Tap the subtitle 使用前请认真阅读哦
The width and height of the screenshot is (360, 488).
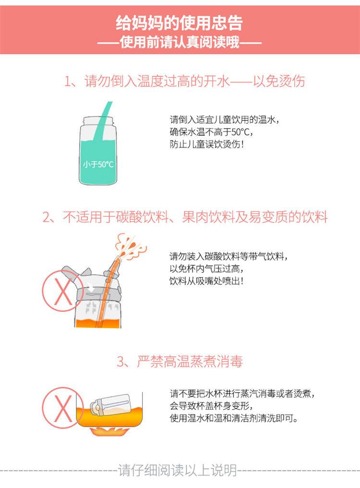[x=180, y=42]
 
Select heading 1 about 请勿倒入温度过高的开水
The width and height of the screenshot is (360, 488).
[x=184, y=81]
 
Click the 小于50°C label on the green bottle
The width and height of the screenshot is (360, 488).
[x=98, y=164]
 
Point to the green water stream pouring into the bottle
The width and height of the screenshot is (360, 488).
[x=102, y=121]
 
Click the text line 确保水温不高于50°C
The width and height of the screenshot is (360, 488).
[x=212, y=132]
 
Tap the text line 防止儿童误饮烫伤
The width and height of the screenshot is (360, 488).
[x=207, y=144]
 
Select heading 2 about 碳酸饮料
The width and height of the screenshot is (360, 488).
[x=185, y=217]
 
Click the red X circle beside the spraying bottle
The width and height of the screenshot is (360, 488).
[x=63, y=290]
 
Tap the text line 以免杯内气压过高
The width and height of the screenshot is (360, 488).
[x=207, y=269]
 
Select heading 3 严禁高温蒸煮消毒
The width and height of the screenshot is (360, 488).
[x=180, y=361]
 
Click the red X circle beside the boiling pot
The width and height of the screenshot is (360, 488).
[x=63, y=408]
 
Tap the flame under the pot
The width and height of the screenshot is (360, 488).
[x=109, y=431]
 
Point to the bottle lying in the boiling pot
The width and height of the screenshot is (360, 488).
[x=110, y=405]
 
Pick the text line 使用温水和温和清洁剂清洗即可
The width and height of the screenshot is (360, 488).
[x=234, y=418]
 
